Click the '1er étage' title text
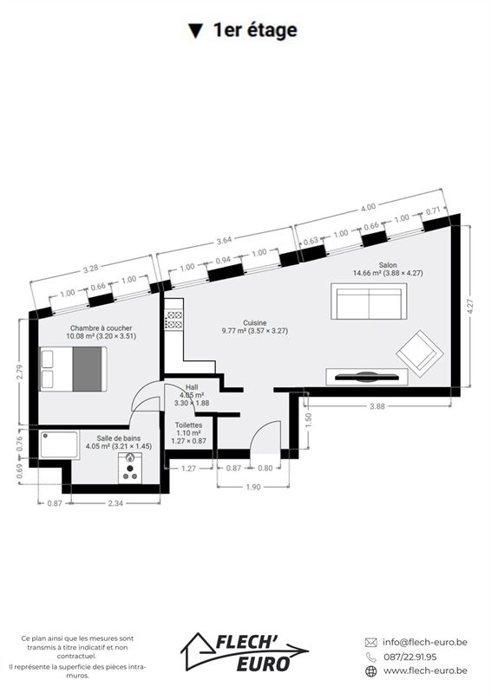coord(255,30)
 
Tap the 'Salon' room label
coord(388,265)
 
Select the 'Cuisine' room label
coord(254,323)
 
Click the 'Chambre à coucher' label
coord(101,328)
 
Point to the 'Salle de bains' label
coord(119,438)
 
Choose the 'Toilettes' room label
coord(188,425)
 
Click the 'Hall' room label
coord(192,387)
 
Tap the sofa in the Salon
coord(369,301)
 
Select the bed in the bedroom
coord(74,369)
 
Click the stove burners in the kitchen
coord(174,320)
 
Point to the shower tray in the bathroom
coord(59,445)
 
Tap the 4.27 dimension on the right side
coord(471,307)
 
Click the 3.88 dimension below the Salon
coord(377,406)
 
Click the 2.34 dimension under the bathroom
coord(115,503)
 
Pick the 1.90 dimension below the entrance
coord(253,487)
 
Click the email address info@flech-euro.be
coord(424,642)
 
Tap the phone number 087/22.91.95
coord(410,657)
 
